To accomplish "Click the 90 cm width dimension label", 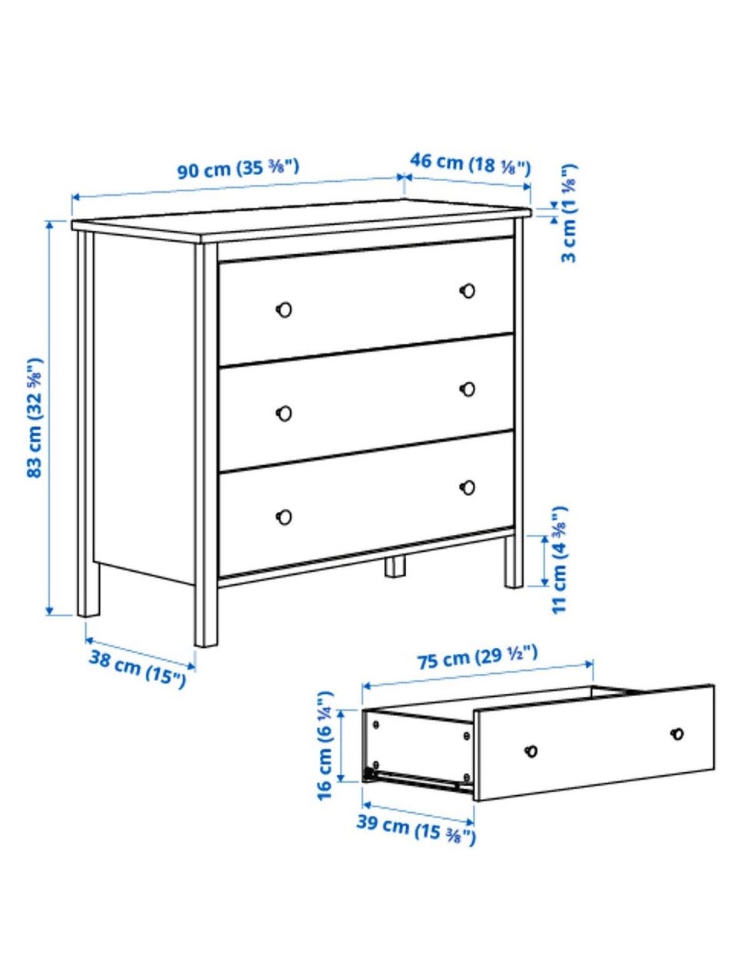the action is pos(238,168).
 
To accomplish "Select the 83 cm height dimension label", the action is pos(35,418).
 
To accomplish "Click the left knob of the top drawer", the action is pos(284,309).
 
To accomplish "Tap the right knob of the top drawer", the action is pos(468,291).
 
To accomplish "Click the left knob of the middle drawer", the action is pos(284,413).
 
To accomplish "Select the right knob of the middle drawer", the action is pos(468,389).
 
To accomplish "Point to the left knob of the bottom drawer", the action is pos(284,517).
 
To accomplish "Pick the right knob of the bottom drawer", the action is pos(468,487).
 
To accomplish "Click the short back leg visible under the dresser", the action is pos(395,566).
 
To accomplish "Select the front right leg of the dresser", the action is pos(514,561).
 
